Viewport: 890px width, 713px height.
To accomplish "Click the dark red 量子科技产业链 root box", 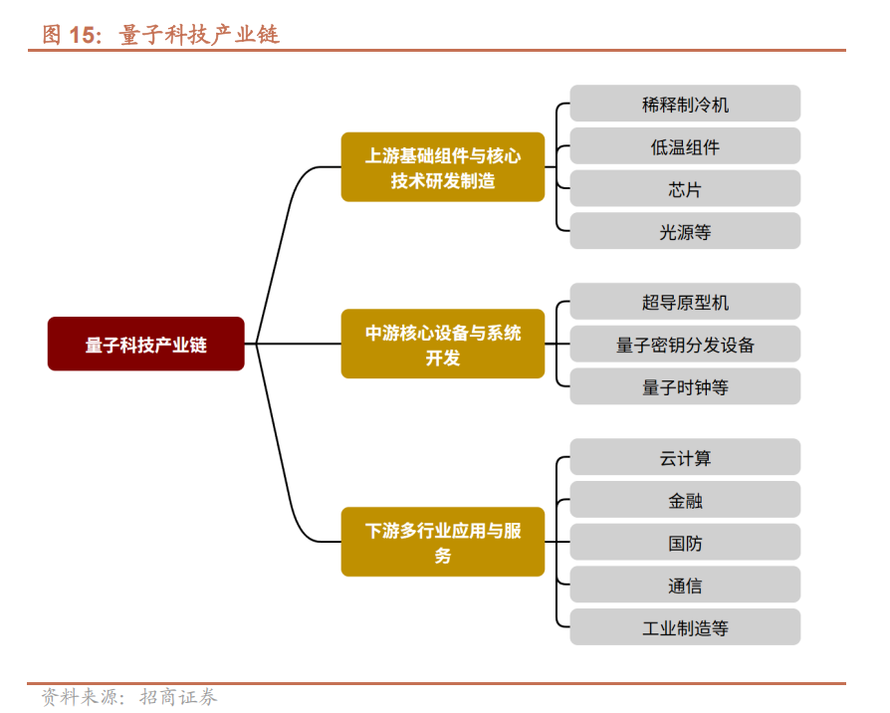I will click(145, 345).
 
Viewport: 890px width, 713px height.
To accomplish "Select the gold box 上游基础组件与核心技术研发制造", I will click(443, 168).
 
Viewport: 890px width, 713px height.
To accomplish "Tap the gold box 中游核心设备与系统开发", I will click(443, 345).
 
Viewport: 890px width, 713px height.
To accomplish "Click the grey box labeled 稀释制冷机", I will click(685, 104).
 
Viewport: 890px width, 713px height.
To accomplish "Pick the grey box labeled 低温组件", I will click(685, 146).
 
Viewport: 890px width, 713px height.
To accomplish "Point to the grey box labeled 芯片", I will click(685, 189).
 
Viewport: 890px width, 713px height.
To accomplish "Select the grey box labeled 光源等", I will click(685, 232).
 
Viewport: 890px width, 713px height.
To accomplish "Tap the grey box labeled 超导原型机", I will click(685, 302).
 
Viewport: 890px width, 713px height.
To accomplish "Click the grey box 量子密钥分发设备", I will click(685, 345).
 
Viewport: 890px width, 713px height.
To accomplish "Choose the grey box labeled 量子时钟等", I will click(685, 387).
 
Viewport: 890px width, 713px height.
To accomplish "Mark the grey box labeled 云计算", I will click(685, 458).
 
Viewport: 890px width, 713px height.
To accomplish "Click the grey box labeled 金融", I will click(685, 501).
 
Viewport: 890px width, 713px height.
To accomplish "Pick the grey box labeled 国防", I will click(685, 544).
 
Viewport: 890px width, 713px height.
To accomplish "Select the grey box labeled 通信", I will click(685, 586).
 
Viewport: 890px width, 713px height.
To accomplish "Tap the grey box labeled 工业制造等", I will click(685, 628).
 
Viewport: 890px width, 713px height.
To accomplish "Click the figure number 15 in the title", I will click(84, 35).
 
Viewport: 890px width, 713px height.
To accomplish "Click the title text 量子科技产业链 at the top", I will click(199, 35).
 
